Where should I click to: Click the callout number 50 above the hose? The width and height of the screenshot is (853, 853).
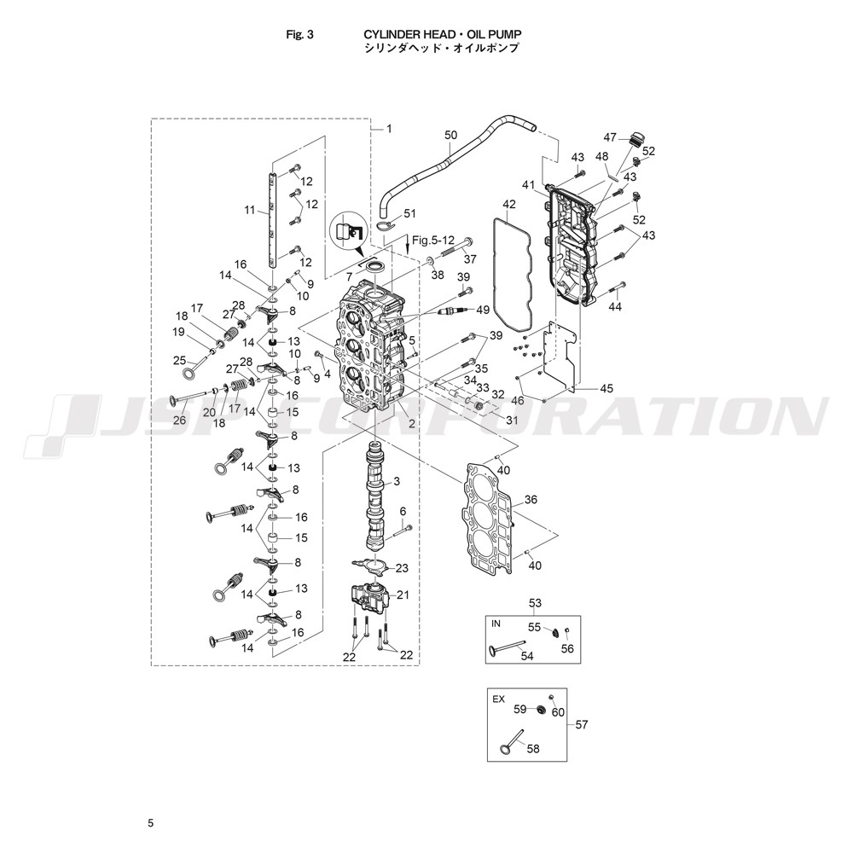click(451, 135)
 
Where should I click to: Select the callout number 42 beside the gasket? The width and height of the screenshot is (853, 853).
click(508, 205)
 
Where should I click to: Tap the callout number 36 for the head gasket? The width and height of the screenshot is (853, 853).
click(531, 499)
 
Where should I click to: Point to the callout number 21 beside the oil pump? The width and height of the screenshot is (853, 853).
click(403, 595)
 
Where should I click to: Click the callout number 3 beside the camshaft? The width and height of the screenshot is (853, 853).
click(397, 481)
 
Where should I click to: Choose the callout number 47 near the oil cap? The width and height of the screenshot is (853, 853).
click(611, 137)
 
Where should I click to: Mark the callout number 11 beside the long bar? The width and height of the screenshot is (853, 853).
click(250, 210)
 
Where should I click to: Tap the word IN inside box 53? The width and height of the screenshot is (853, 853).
click(496, 624)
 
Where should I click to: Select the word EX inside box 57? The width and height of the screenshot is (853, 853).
click(498, 699)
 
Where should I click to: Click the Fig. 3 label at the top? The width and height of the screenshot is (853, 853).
click(299, 35)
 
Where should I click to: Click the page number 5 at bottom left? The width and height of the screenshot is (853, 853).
click(151, 824)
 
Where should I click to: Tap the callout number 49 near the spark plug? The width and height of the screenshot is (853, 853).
click(483, 310)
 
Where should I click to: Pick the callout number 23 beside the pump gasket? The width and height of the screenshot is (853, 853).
click(402, 568)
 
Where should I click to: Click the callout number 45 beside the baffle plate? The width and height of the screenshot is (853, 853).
click(606, 388)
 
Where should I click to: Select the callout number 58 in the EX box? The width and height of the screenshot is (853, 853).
click(533, 749)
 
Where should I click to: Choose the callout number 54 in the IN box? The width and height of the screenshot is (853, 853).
click(527, 656)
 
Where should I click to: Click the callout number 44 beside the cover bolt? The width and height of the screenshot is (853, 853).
click(615, 307)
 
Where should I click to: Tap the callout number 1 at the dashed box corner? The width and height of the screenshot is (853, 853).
click(389, 129)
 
